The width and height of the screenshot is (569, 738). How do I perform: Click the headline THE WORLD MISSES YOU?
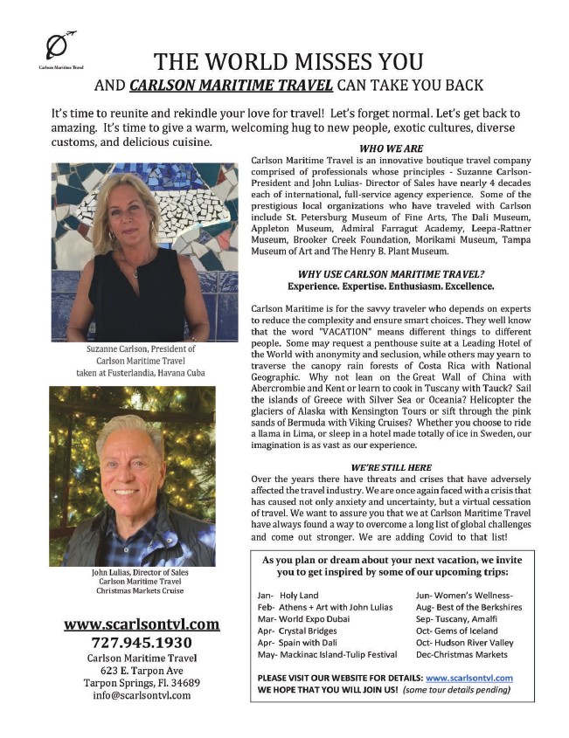click(288, 62)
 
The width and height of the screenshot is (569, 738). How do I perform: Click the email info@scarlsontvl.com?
click(141, 696)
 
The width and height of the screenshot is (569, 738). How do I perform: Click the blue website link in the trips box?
click(468, 678)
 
